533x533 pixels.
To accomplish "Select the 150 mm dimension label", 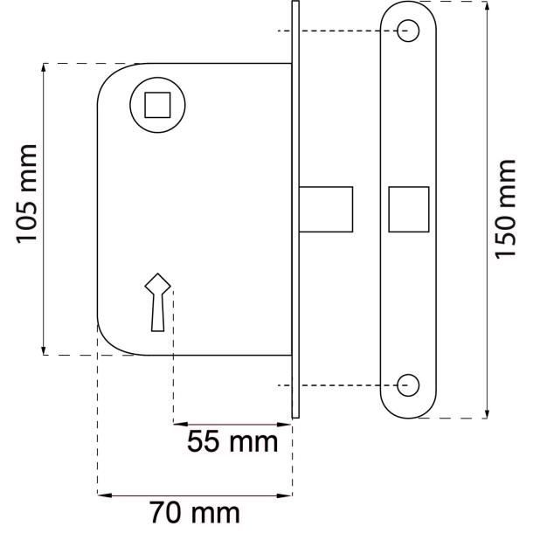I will coord(506,209).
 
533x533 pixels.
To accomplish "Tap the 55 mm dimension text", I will coord(232,442).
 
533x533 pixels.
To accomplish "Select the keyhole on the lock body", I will coord(157,302).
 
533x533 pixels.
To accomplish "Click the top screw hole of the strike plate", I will coord(407,31).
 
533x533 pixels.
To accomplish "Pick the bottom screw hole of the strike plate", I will coord(407,384).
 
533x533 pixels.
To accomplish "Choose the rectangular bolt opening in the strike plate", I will coord(407,210).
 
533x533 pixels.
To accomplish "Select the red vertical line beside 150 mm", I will coord(486,210).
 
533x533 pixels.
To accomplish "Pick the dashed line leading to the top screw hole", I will coord(341,31).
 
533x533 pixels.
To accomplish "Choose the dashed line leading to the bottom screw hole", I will coord(341,384).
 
